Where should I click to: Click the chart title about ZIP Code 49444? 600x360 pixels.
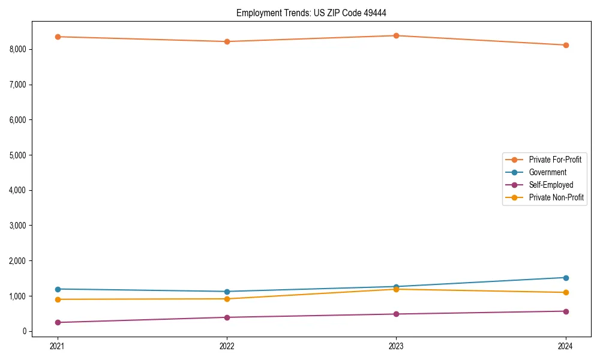(x=315, y=13)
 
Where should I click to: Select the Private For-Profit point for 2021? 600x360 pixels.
(x=58, y=37)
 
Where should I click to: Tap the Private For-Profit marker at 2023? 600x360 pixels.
(x=396, y=35)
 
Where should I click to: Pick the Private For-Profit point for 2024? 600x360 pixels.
(x=566, y=45)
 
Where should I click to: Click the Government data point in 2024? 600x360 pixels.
(x=566, y=278)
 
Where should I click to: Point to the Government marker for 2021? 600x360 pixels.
(x=58, y=289)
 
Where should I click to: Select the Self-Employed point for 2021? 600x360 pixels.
(x=58, y=322)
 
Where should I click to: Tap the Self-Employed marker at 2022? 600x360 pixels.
(x=227, y=317)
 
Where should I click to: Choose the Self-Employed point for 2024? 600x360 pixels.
(x=566, y=311)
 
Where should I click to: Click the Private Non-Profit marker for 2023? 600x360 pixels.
(x=396, y=289)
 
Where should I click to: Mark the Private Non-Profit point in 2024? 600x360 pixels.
(x=566, y=292)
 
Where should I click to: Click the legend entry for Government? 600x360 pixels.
(x=547, y=172)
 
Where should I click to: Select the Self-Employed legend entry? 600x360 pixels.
(x=551, y=185)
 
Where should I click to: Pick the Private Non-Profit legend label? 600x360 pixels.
(x=556, y=197)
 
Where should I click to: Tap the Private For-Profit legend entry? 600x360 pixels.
(x=555, y=160)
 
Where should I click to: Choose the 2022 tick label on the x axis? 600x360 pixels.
(x=227, y=346)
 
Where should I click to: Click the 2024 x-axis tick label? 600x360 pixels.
(x=566, y=346)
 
